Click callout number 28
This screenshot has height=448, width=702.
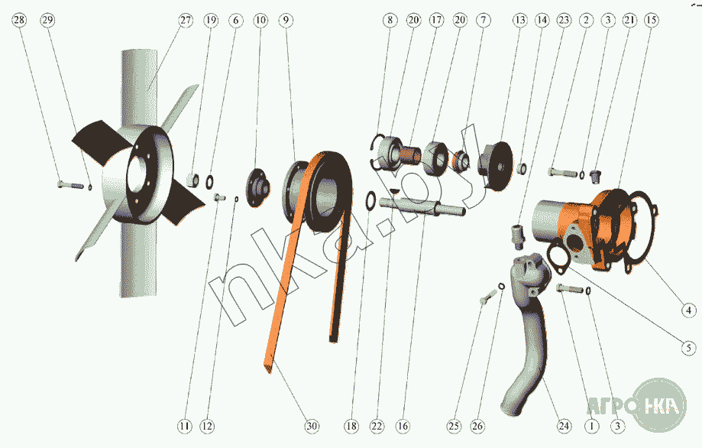(x=19, y=20)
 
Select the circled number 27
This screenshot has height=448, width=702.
(x=186, y=20)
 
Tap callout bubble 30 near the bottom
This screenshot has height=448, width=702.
(x=312, y=426)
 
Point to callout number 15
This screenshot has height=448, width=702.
(x=651, y=20)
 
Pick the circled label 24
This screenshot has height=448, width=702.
(x=564, y=426)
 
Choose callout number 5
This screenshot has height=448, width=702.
(x=688, y=348)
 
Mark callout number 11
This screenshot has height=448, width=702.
(x=184, y=426)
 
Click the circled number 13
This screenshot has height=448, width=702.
(x=519, y=20)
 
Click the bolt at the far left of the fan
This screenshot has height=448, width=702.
(x=71, y=184)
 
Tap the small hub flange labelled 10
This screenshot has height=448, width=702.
(x=258, y=187)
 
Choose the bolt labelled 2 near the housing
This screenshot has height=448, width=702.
(x=563, y=172)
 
